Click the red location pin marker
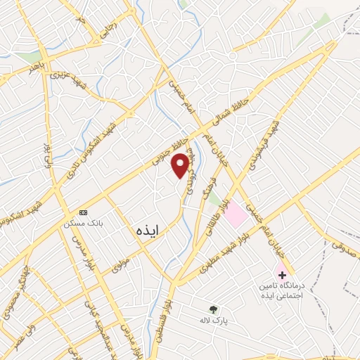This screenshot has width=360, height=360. pyautogui.click(x=181, y=165)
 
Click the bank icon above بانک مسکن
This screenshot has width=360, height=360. pyautogui.click(x=84, y=212)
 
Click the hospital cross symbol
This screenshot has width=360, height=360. pyautogui.click(x=282, y=274)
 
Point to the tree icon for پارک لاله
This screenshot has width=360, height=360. pyautogui.click(x=213, y=308)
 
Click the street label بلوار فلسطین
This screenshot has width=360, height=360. pyautogui.click(x=167, y=317)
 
